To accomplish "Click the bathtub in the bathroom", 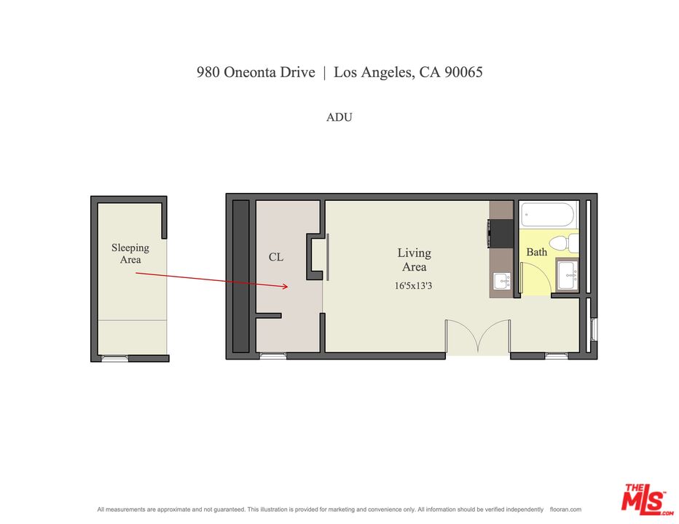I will coord(548,215).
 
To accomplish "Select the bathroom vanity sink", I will coord(567,274).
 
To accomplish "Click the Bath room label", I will coord(537,252).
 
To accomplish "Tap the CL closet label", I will coord(276,257).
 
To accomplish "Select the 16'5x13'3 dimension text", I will coord(414,286).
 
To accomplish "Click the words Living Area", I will coord(414,260).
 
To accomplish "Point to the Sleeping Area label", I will coord(130,253).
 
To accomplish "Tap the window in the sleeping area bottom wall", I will coord(114,358).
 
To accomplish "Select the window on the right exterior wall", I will coord(593,330).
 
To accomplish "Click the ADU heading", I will coord(339,116).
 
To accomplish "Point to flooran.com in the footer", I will coord(565,509).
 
